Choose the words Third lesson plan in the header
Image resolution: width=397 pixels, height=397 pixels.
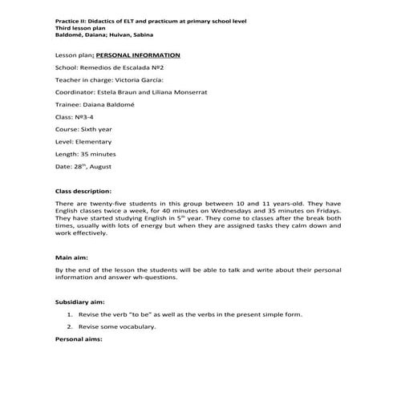click(x=83, y=26)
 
